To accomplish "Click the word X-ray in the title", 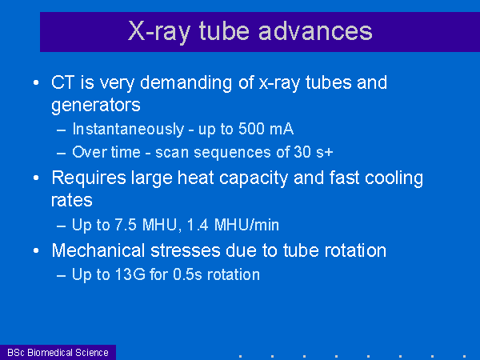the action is (x=159, y=31).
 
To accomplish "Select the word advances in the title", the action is (x=315, y=31).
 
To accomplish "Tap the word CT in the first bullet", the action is (x=62, y=82).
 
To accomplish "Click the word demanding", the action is (x=186, y=83).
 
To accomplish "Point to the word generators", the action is (x=96, y=106).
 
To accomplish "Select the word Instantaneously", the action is (x=128, y=130).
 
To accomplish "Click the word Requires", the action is (x=89, y=178).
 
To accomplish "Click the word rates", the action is (x=72, y=201).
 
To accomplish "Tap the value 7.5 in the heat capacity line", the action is (x=126, y=225).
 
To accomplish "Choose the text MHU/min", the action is (x=246, y=225).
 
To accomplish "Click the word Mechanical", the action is (x=98, y=250).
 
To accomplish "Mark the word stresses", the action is (x=186, y=250).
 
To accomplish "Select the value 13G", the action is (x=130, y=274).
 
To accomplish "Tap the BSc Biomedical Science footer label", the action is (x=58, y=353).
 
